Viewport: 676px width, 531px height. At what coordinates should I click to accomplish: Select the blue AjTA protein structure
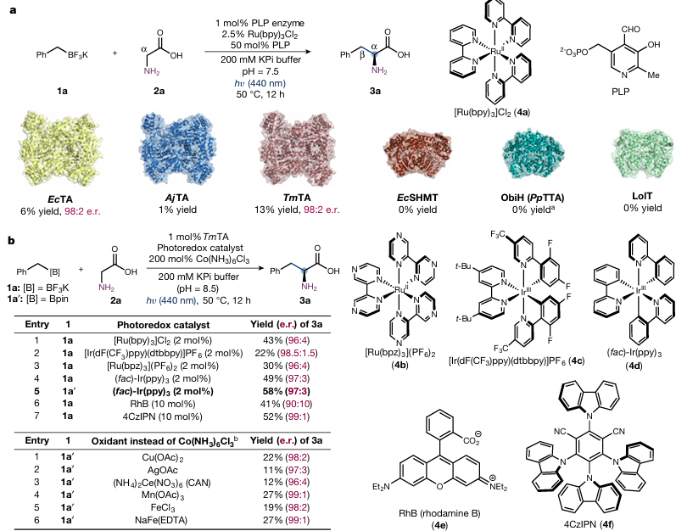(x=178, y=148)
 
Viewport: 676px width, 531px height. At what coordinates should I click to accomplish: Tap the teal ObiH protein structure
(x=534, y=154)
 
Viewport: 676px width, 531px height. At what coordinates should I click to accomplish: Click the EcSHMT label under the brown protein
(x=417, y=198)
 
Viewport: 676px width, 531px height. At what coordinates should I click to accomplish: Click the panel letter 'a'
(x=13, y=9)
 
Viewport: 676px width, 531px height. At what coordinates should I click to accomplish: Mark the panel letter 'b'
(x=12, y=240)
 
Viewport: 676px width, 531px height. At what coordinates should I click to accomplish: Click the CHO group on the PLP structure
(x=630, y=30)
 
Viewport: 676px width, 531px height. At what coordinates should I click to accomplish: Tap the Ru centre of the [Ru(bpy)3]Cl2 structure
(x=495, y=51)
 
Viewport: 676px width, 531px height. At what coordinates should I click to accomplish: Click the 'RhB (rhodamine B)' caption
(x=439, y=513)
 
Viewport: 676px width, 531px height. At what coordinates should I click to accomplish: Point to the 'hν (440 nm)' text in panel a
(x=258, y=83)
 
